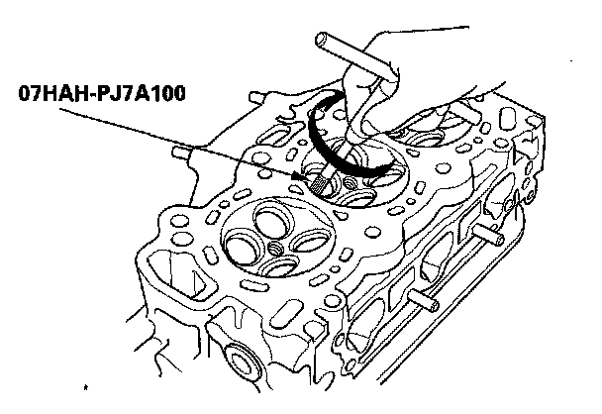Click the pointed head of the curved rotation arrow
[382, 170]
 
